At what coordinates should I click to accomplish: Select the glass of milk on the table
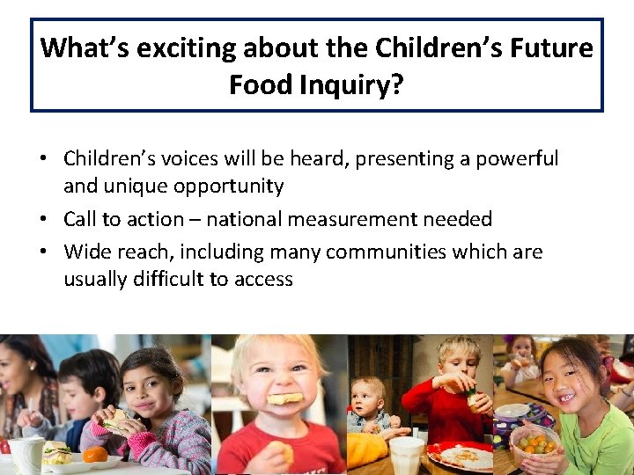coord(406,456)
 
